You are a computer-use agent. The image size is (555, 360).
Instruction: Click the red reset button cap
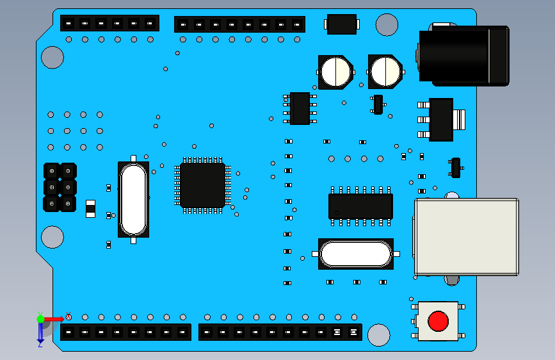coord(438,320)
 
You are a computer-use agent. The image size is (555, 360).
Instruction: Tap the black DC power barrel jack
coord(463,55)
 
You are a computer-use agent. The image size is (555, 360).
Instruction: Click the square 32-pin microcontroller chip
coord(202,185)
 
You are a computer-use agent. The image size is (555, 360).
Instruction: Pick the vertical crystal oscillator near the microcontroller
coord(133,199)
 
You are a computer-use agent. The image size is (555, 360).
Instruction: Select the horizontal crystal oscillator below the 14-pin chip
coord(355,254)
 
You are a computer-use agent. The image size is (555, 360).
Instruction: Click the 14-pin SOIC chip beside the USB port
coord(360,206)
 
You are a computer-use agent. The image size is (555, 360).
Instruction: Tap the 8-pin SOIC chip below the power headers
coord(300,108)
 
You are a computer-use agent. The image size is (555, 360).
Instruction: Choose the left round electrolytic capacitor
coord(335,72)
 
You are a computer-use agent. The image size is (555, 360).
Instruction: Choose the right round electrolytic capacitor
coord(385,72)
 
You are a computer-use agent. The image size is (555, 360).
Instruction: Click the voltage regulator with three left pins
coord(440,119)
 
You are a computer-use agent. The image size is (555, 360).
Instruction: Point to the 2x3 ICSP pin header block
coord(60,187)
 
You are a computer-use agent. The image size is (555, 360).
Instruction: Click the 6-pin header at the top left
coord(109,23)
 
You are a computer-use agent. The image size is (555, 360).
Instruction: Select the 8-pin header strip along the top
coord(239,24)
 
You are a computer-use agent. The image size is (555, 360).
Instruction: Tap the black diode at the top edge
coord(341,24)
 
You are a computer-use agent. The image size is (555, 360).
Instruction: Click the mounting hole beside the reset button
coord(379,334)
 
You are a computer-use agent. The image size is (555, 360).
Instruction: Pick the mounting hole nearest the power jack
coord(387,24)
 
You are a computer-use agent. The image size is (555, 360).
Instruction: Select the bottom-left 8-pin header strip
coord(125,332)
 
